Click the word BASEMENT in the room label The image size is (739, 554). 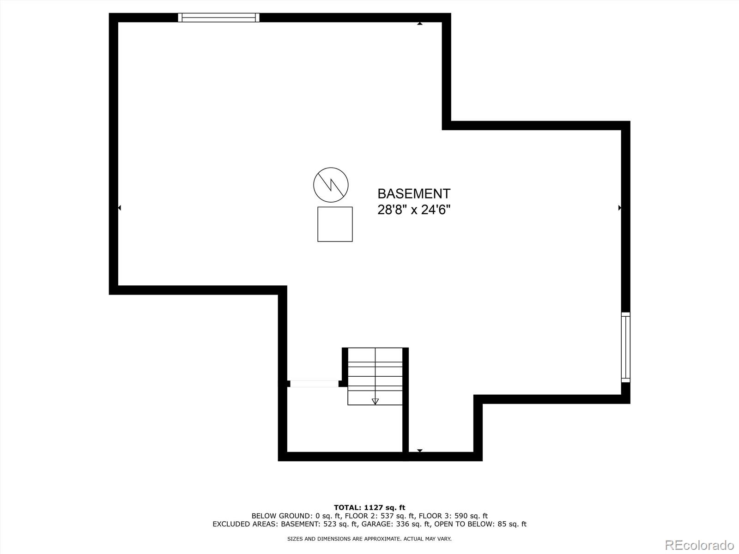click(414, 194)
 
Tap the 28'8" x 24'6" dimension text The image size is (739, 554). click(414, 210)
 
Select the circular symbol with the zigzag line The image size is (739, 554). click(331, 185)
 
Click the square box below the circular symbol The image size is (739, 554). click(335, 224)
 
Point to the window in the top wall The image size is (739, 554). click(219, 18)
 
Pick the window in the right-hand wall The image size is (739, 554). click(625, 347)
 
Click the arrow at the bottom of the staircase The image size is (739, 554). click(375, 401)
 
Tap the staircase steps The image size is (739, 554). click(375, 376)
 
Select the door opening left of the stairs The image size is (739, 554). click(314, 384)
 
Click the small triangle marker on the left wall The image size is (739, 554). click(120, 208)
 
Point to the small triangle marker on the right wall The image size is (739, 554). click(619, 208)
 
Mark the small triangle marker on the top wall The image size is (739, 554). click(420, 24)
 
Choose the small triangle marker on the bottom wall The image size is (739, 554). click(420, 451)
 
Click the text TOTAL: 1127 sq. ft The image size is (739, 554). click(369, 507)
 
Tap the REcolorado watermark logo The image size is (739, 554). click(700, 545)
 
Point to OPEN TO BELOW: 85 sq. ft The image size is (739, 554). click(480, 524)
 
